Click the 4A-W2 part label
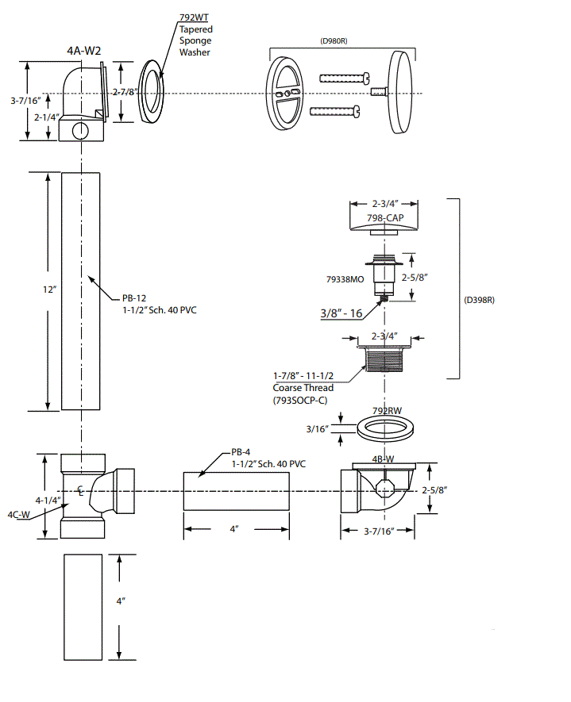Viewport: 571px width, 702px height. click(x=83, y=51)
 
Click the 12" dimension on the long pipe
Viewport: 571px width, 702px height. click(x=49, y=290)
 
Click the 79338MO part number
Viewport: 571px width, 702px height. click(x=345, y=279)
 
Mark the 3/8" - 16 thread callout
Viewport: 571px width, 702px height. click(x=341, y=313)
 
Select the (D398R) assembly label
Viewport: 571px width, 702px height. click(x=480, y=301)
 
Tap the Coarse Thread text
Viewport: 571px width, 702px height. click(x=303, y=388)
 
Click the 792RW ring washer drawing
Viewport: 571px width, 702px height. click(x=387, y=430)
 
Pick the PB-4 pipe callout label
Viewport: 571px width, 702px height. click(x=243, y=451)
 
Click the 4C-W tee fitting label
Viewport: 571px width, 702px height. click(x=19, y=514)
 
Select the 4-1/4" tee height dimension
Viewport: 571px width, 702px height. click(x=47, y=501)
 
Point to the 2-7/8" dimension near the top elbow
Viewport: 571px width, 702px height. click(x=125, y=93)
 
